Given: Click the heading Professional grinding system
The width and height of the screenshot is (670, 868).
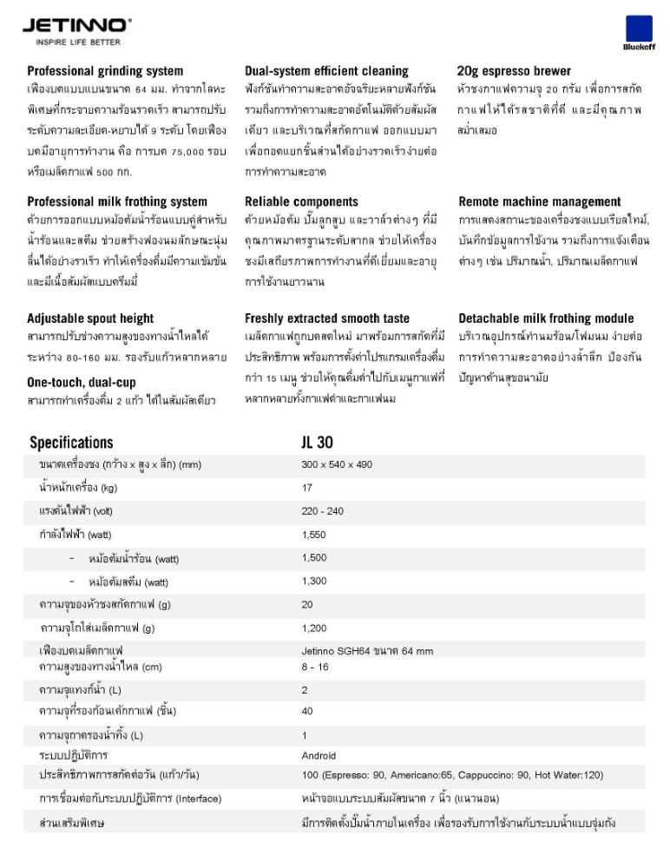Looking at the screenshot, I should click(x=105, y=71).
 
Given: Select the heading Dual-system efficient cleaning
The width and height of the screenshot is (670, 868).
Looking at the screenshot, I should click(x=326, y=71).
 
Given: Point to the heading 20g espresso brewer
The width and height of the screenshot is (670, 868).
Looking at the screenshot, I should click(x=514, y=71).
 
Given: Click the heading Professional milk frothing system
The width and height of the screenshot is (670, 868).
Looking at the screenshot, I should click(x=117, y=201).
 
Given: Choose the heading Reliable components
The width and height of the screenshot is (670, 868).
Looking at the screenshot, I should click(x=301, y=201).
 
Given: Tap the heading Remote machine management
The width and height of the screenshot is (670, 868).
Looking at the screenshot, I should click(x=540, y=201).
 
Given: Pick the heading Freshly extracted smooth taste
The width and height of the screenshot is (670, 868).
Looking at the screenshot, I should click(x=327, y=319).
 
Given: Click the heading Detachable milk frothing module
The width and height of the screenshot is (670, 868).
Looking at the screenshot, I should click(x=546, y=319).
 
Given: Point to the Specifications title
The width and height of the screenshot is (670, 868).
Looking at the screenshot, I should click(x=71, y=443).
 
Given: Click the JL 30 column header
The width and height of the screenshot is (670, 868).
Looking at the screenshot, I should click(x=318, y=443).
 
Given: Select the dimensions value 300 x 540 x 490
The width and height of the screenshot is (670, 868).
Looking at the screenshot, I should click(x=337, y=464).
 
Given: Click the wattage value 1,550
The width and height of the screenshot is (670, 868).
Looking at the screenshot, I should click(x=314, y=535).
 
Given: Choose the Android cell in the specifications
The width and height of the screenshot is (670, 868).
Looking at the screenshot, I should click(x=319, y=756).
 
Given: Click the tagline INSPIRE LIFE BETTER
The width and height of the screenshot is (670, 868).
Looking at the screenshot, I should click(x=77, y=42).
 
